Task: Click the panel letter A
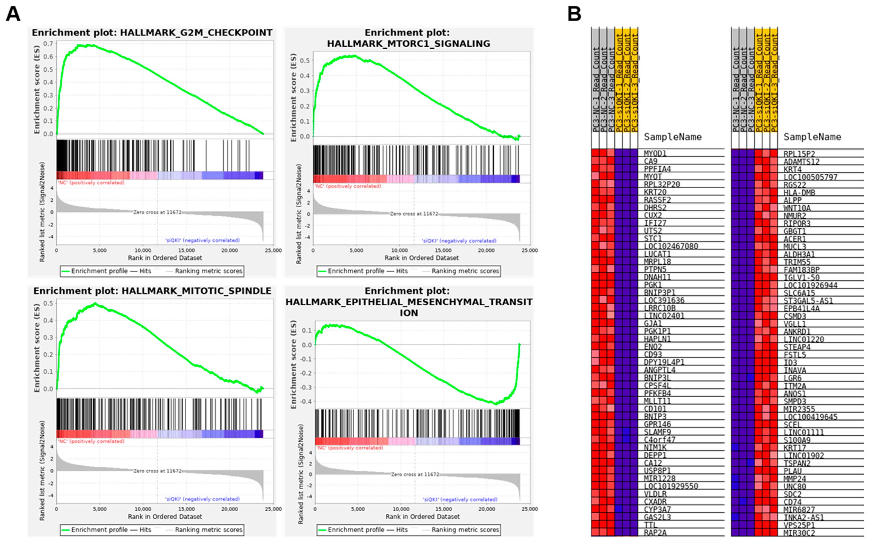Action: pos(13,14)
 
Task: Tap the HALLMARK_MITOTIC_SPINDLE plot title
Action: pos(152,291)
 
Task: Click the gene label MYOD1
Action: pos(655,154)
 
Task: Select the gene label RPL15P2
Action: pos(799,154)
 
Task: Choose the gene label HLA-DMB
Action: pos(799,192)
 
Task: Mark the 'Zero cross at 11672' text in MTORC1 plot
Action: pos(414,214)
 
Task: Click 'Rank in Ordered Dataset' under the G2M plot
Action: pos(165,258)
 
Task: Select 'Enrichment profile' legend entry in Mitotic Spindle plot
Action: pos(99,530)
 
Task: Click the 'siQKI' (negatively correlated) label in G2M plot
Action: pos(202,240)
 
